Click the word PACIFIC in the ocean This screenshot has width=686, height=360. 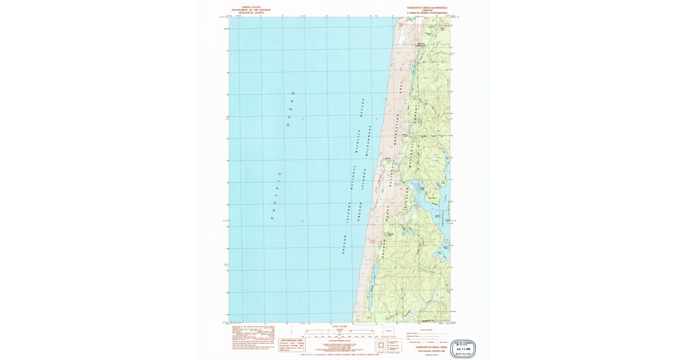(x=276, y=195)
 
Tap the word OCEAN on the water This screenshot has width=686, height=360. (x=291, y=109)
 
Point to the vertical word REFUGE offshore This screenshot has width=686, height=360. (x=362, y=107)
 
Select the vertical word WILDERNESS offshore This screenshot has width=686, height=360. (x=370, y=141)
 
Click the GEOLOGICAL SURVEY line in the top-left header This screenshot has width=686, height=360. (x=251, y=13)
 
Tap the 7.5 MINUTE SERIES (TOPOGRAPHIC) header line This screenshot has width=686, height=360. (x=427, y=13)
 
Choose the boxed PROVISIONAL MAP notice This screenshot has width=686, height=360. (x=292, y=344)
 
